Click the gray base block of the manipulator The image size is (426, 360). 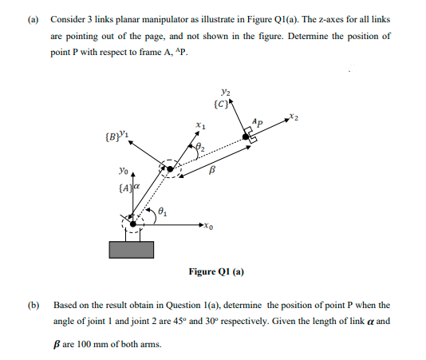(x=132, y=248)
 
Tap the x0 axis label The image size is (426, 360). (x=209, y=226)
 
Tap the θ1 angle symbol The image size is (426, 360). (x=162, y=212)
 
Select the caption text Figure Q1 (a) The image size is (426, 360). (x=216, y=272)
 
